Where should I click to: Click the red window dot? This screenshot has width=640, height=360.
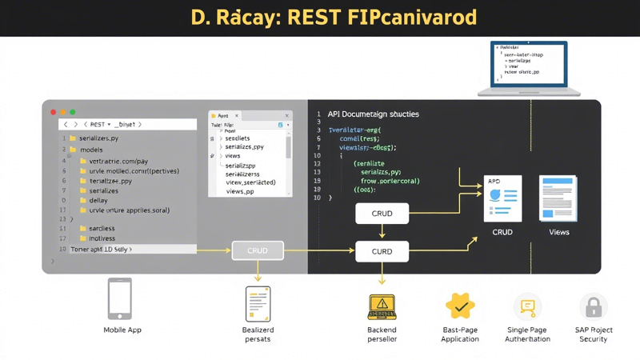click(x=54, y=112)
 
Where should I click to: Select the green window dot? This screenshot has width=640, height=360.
click(x=73, y=112)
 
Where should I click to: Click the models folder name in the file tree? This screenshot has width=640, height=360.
click(x=91, y=150)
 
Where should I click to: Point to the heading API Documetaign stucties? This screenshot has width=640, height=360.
click(x=373, y=114)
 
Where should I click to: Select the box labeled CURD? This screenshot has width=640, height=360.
click(x=382, y=251)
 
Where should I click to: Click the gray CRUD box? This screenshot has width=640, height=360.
click(x=258, y=250)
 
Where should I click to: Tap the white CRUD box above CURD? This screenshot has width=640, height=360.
click(x=382, y=214)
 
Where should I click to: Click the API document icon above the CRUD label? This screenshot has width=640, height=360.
click(x=503, y=199)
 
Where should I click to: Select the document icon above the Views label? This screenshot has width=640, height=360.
click(x=558, y=198)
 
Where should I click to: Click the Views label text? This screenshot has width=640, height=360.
click(x=558, y=232)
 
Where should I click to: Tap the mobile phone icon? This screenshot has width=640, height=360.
click(x=120, y=298)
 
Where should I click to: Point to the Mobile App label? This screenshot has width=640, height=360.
click(x=122, y=330)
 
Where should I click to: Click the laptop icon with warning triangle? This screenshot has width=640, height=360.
click(x=382, y=306)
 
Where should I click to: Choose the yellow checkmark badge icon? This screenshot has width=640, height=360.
click(x=460, y=306)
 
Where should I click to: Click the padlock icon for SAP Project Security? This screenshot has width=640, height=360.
click(x=593, y=306)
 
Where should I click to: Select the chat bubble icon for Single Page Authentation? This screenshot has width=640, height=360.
click(x=527, y=306)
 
